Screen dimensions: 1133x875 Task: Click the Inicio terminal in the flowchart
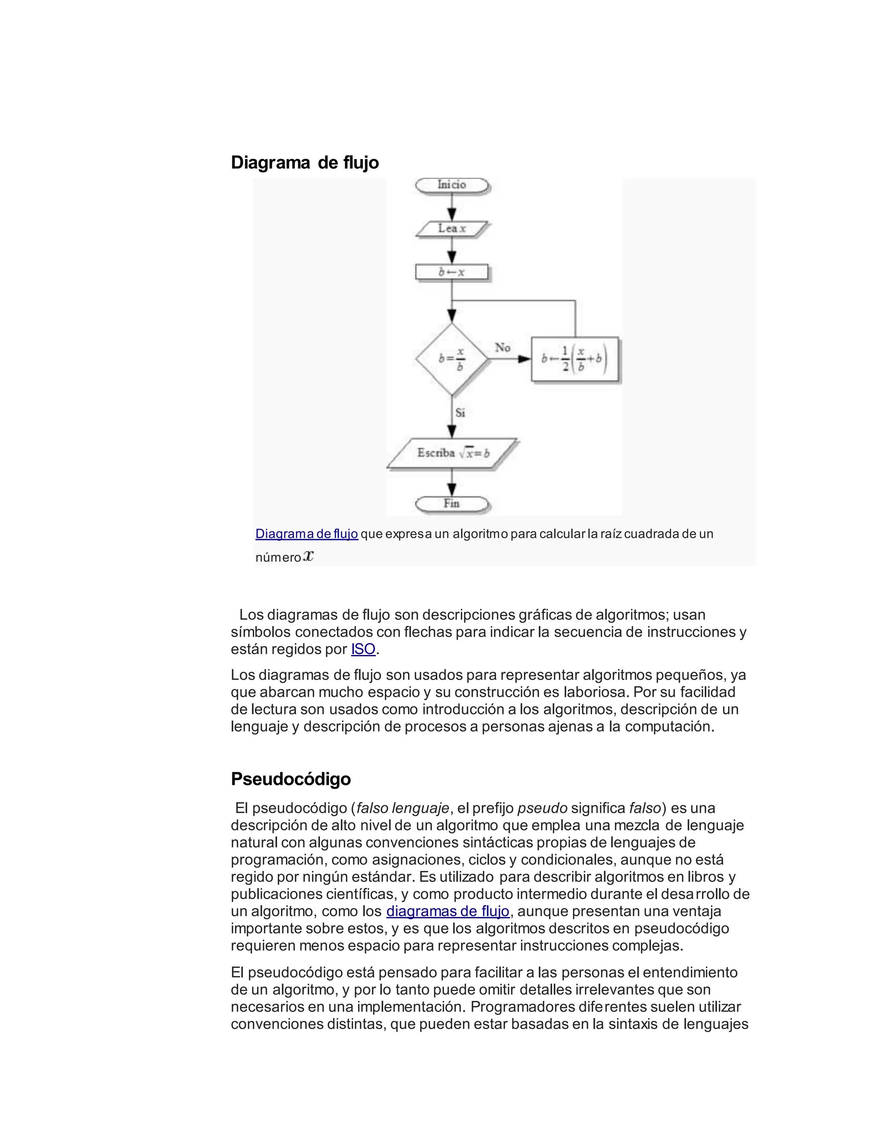pyautogui.click(x=452, y=185)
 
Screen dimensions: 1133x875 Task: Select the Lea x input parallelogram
pyautogui.click(x=452, y=228)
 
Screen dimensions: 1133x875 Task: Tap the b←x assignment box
pyautogui.click(x=452, y=272)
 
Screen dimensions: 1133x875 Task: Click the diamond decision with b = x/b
pyautogui.click(x=452, y=359)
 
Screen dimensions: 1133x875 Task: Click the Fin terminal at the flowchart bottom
pyautogui.click(x=452, y=503)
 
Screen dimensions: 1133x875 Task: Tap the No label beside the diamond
pyautogui.click(x=502, y=347)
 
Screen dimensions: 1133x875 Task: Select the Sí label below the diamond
pyautogui.click(x=460, y=413)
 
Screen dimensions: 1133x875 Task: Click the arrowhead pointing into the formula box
pyautogui.click(x=525, y=359)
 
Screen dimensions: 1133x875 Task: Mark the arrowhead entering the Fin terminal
pyautogui.click(x=452, y=489)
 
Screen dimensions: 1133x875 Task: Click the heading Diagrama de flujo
pyautogui.click(x=304, y=162)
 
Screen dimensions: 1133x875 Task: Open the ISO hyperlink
pyautogui.click(x=363, y=649)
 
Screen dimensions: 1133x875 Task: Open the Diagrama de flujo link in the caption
pyautogui.click(x=306, y=534)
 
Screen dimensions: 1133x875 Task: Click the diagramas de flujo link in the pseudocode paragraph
pyautogui.click(x=448, y=911)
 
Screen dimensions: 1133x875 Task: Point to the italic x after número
pyautogui.click(x=308, y=556)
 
